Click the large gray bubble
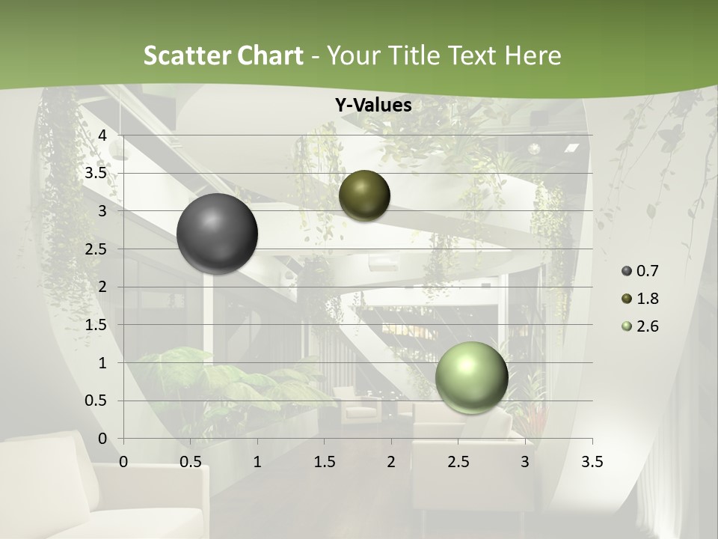[x=217, y=234]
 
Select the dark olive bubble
[x=364, y=195]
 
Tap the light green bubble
[x=471, y=377]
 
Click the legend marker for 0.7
[x=627, y=271]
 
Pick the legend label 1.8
[x=648, y=299]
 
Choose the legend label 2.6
[x=648, y=326]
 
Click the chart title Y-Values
[x=373, y=106]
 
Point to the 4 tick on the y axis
[x=103, y=135]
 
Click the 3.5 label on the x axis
[x=592, y=462]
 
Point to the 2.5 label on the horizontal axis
[x=458, y=462]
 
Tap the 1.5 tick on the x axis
[x=324, y=462]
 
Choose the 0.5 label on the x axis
[x=190, y=462]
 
